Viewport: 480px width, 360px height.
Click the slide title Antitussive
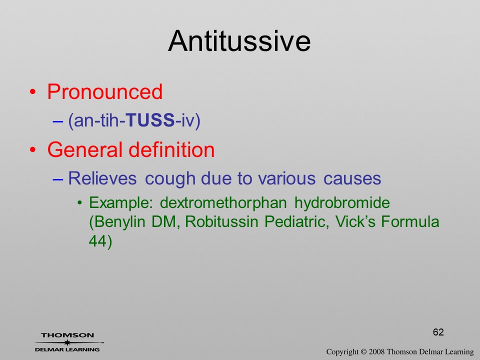point(239,41)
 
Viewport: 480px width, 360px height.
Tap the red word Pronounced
point(104,91)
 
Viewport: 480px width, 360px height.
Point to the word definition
point(171,149)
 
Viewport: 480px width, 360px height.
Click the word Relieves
point(102,178)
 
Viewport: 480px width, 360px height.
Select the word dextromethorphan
point(223,203)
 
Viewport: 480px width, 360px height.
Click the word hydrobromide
point(342,203)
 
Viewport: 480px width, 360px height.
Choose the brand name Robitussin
point(221,221)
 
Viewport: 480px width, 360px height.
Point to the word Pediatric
point(296,221)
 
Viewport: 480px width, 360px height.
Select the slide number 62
point(438,332)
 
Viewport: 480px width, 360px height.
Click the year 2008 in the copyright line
point(376,352)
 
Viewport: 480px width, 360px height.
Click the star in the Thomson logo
point(67,342)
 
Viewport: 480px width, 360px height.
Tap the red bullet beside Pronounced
point(33,92)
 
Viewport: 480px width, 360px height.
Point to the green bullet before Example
point(79,203)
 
